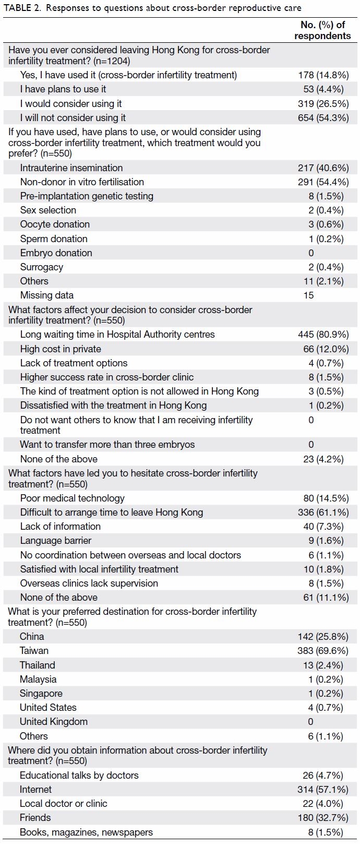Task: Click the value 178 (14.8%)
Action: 323,75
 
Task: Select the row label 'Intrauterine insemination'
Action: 71,168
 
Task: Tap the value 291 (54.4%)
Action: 323,182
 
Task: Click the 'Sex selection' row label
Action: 48,210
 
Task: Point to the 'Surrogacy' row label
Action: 42,267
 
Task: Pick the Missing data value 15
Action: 309,295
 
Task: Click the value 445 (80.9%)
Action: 323,335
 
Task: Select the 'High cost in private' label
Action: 61,349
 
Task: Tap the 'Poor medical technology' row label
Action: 72,498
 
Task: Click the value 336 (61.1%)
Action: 323,513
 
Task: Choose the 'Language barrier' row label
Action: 55,541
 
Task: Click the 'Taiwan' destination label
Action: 34,651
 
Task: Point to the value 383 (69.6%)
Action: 323,651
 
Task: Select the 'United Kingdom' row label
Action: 54,722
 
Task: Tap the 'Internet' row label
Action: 35,789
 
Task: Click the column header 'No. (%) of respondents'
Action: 322,30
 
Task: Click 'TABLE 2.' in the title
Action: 22,8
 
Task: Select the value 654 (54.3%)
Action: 323,118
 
